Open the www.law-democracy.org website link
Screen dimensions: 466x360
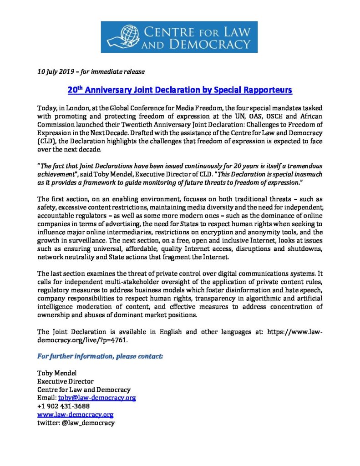pyautogui.click(x=75, y=415)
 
